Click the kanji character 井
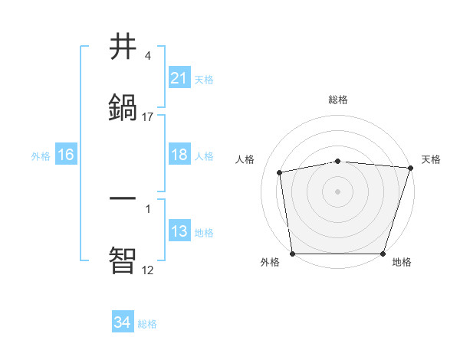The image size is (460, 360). [x=123, y=47]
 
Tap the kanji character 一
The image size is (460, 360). [x=123, y=198]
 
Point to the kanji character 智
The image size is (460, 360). [x=123, y=259]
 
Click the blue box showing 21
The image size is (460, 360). [x=179, y=78]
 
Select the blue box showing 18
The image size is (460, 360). [x=179, y=155]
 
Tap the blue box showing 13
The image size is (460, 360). [x=179, y=231]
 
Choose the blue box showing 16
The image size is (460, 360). [x=66, y=155]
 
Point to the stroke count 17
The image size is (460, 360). [x=148, y=117]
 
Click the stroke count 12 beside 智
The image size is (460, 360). [x=148, y=270]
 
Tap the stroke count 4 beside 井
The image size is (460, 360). [x=148, y=56]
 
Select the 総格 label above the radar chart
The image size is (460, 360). [x=338, y=100]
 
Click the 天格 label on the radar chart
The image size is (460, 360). [x=432, y=159]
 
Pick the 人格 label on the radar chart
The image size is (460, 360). [x=245, y=159]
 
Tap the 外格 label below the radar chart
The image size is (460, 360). [x=270, y=262]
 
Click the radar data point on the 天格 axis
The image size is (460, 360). [x=410, y=169]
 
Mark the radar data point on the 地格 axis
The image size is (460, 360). [x=383, y=254]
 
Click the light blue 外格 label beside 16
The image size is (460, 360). [x=41, y=155]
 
